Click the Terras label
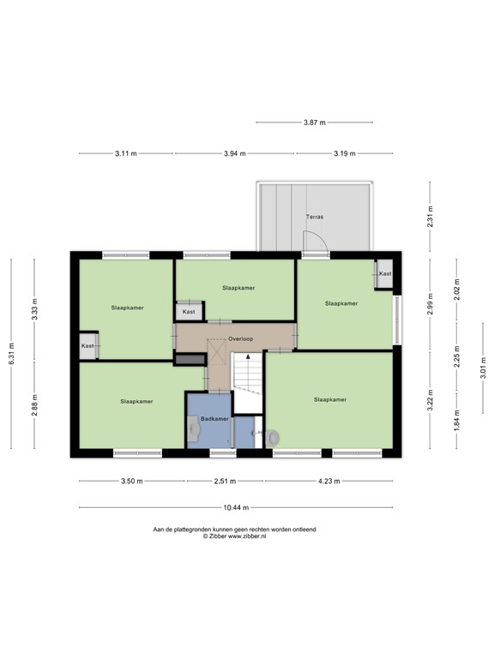[314, 218]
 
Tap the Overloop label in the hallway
[241, 338]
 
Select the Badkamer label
[214, 418]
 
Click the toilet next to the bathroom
[272, 437]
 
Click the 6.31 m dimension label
[12, 355]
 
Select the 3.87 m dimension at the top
[315, 123]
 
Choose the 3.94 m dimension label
[235, 153]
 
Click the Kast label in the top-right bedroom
[385, 273]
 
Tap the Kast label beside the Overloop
[189, 312]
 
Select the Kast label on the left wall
[87, 345]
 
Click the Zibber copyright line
[234, 536]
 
